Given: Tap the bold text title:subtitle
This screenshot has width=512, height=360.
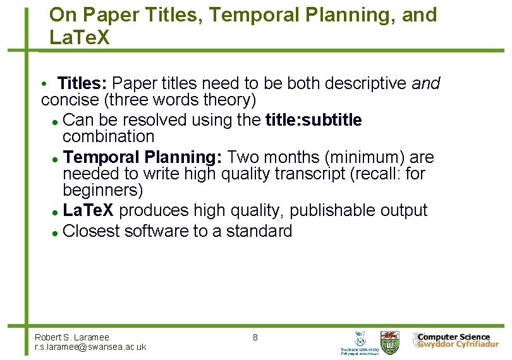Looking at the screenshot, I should coord(314,120).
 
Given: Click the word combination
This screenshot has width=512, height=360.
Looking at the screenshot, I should coord(108,136).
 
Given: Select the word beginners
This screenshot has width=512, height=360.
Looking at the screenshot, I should coord(103,189).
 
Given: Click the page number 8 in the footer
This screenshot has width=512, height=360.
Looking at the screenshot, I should coord(255,337).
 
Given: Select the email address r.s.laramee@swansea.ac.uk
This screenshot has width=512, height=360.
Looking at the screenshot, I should coord(90,347).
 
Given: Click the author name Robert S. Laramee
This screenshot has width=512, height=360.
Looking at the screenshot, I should coord(71,337).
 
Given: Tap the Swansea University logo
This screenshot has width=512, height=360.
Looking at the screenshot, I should coord(360,342).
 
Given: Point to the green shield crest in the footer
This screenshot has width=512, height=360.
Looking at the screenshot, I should coord(389,341).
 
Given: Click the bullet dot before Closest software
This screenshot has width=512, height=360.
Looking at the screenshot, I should coord(56,232).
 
